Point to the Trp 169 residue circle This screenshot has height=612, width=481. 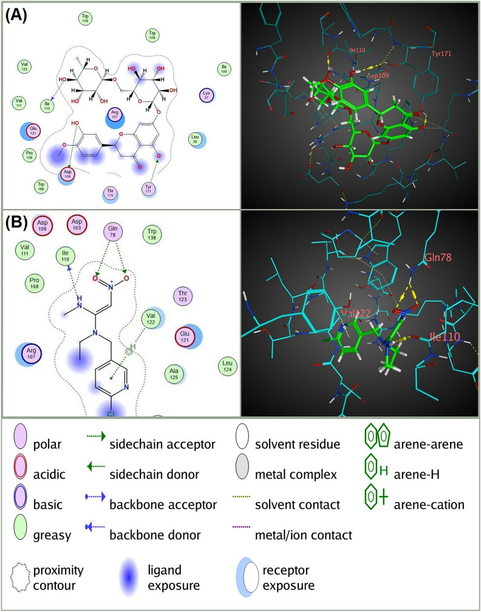click(41, 185)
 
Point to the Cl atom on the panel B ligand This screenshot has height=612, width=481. click(111, 413)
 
